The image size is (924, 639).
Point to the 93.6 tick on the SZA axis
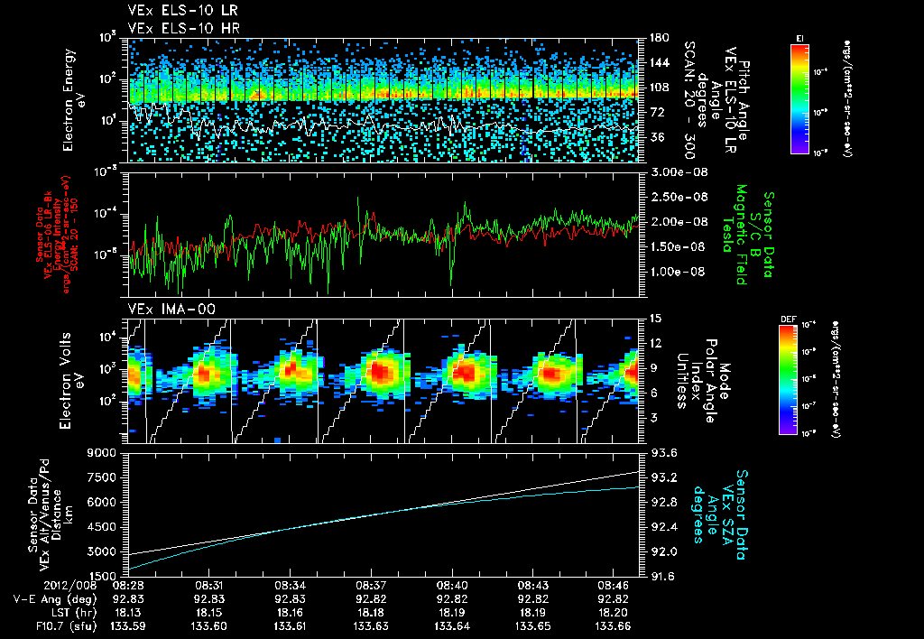point(661,453)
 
